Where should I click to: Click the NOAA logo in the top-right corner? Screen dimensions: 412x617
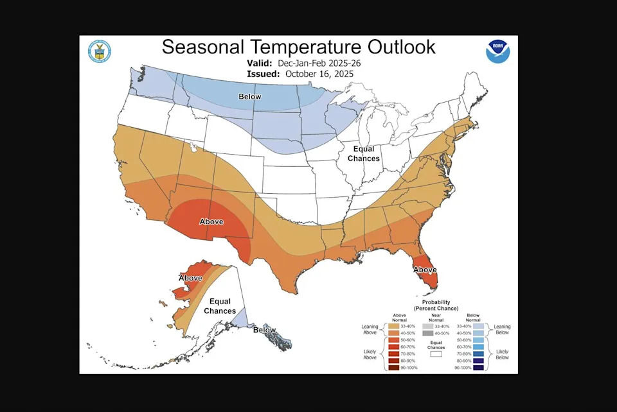497,51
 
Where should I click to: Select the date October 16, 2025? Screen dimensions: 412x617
319,74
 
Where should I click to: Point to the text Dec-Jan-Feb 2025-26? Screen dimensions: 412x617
316,64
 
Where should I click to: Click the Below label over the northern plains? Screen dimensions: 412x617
249,97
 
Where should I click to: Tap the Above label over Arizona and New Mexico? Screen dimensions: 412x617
211,221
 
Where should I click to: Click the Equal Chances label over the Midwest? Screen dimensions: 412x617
363,153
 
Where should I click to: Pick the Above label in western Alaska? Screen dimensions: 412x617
190,278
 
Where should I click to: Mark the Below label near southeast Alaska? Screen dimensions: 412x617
264,330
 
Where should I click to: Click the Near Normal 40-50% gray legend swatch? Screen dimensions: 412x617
427,333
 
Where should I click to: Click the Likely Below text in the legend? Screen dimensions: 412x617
502,354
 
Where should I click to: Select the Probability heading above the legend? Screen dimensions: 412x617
436,302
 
